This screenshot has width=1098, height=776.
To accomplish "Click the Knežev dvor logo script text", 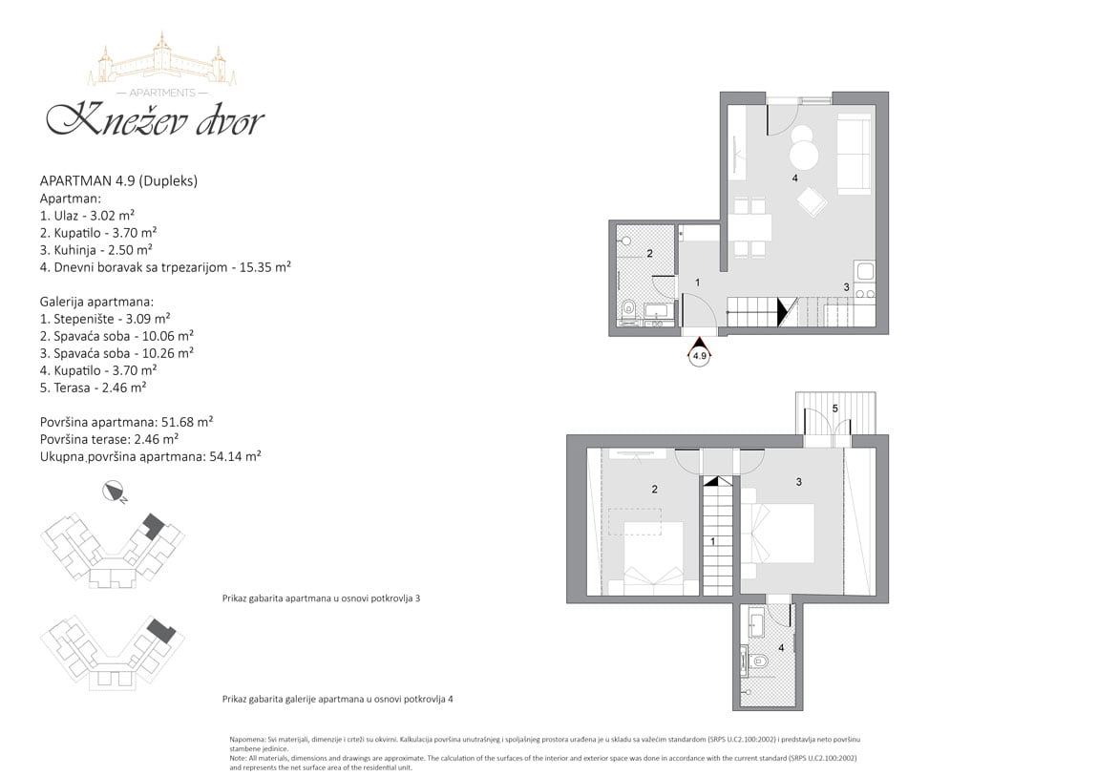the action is point(155,119).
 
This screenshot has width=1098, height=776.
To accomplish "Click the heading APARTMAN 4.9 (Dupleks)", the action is point(118,180).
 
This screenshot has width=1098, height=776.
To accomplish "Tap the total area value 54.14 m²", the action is point(235,456).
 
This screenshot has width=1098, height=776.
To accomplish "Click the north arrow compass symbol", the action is point(113,492).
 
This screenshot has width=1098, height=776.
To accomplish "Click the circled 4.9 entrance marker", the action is point(699,355).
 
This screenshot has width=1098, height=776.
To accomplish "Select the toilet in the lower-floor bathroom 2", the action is point(629,308).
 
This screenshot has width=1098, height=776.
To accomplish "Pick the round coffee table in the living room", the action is point(804,155).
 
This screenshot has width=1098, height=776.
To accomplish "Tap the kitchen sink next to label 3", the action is point(864,271).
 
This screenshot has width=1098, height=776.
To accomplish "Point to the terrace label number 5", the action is point(835,409).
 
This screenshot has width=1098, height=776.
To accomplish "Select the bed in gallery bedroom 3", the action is point(779,534).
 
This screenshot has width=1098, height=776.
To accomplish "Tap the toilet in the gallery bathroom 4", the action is point(755,661).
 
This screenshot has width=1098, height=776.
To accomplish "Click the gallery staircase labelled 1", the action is point(718,535).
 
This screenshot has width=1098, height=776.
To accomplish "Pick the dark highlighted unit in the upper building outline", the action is point(152,525).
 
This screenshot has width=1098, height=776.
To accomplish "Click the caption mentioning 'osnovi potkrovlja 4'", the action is point(338,699).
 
